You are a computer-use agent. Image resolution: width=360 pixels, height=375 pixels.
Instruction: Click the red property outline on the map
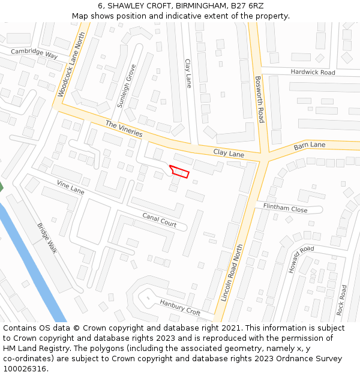(x=179, y=172)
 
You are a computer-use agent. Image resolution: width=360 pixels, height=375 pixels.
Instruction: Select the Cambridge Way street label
(x=34, y=53)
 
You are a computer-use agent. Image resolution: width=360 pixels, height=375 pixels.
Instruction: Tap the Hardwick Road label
(x=313, y=72)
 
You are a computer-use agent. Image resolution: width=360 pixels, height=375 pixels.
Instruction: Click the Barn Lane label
(x=310, y=146)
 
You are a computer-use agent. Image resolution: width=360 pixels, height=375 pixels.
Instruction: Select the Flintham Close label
(x=286, y=209)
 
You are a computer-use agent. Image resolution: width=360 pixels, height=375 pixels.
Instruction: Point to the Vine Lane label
(x=71, y=187)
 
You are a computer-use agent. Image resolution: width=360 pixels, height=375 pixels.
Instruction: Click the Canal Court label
(x=160, y=220)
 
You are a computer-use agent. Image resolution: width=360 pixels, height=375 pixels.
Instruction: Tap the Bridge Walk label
(x=47, y=238)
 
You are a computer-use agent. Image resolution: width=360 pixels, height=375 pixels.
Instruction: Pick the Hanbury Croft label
(x=180, y=307)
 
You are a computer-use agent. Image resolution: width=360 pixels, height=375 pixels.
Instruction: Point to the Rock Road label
(x=342, y=300)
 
